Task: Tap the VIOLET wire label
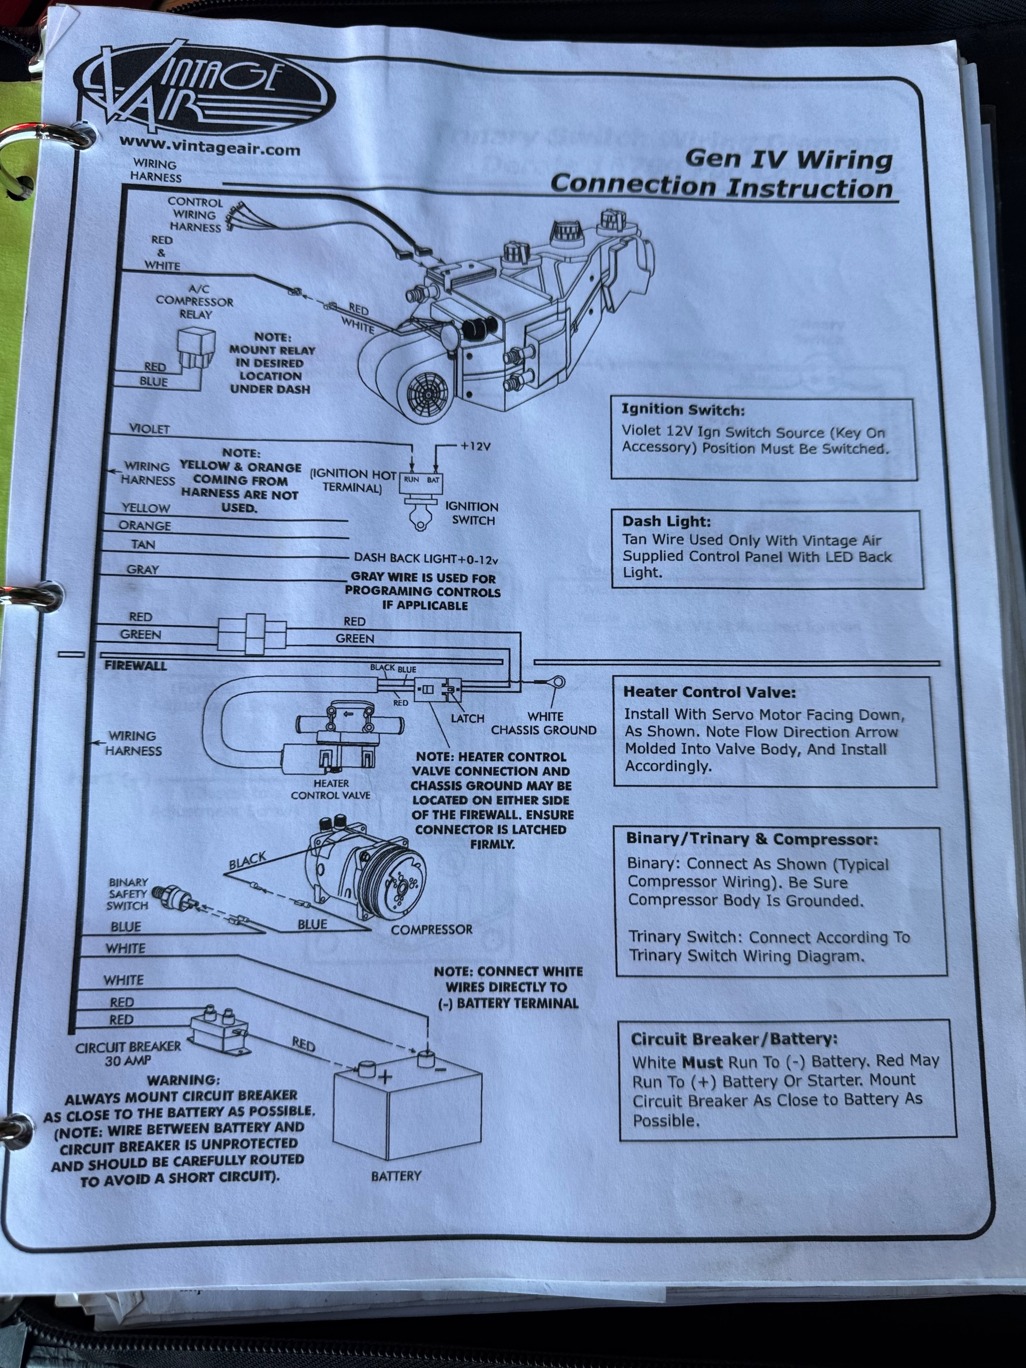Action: [149, 429]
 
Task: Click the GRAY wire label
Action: [143, 570]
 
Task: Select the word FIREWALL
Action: [135, 666]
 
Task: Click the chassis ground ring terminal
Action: [557, 682]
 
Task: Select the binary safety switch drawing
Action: [176, 897]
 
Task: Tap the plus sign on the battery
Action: [385, 1077]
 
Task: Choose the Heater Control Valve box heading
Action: [709, 693]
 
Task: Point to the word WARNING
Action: [183, 1081]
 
